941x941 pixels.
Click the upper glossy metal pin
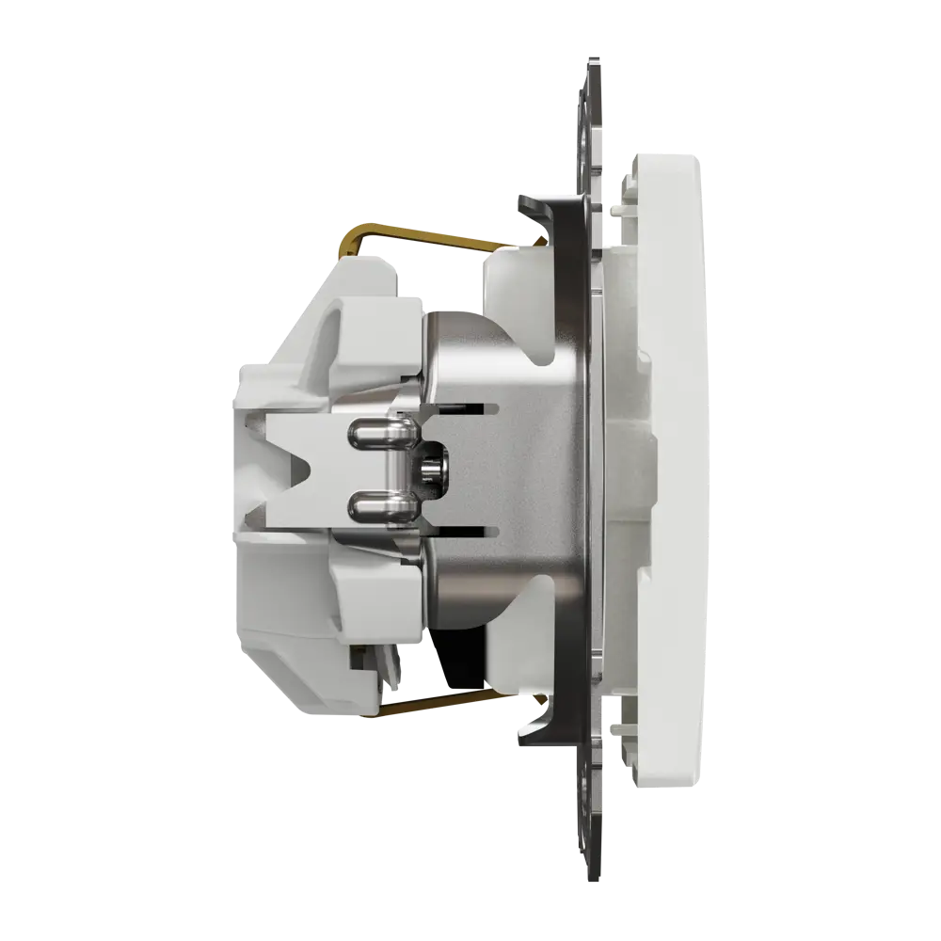376,434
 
